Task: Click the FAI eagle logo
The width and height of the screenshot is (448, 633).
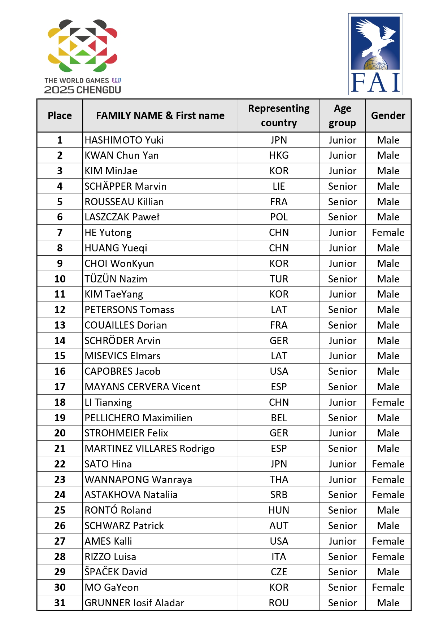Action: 375,54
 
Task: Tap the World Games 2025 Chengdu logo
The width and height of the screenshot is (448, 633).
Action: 83,57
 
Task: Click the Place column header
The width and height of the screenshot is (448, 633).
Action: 60,115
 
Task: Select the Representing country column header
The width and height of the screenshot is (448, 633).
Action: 279,115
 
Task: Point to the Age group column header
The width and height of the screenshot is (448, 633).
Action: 342,115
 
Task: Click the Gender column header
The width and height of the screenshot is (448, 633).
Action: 388,115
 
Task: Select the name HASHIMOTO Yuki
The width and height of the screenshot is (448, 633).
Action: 124,140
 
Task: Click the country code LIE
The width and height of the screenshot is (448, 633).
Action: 279,186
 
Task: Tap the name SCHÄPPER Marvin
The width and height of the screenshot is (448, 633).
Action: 126,186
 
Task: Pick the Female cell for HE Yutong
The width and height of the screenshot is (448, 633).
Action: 388,232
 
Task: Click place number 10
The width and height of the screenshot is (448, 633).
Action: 60,279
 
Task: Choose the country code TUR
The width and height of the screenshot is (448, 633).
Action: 279,279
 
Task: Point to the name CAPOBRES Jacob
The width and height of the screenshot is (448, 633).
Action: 123,371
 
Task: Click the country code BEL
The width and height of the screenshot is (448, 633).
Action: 279,418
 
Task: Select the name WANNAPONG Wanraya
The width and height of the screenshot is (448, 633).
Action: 138,479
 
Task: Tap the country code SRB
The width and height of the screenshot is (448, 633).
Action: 279,494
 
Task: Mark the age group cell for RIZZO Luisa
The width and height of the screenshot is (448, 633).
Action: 342,557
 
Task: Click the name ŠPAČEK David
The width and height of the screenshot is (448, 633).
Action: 116,572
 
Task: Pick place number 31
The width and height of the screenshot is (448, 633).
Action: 60,603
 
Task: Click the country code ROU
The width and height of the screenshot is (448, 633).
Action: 279,603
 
